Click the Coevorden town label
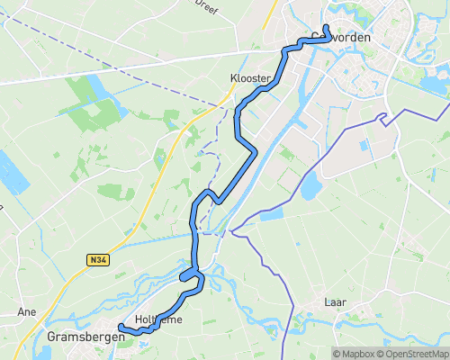point(340,37)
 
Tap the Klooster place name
point(249,79)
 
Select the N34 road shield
point(98,260)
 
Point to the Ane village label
point(26,311)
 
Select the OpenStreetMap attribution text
point(416,353)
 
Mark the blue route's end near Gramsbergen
point(121,328)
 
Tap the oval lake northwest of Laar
point(310,186)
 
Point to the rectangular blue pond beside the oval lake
point(271,215)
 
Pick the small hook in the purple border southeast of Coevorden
point(384,117)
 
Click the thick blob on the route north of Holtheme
point(190,274)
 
